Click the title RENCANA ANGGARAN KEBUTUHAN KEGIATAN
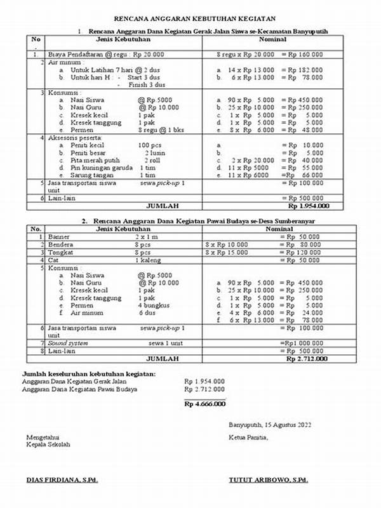(190, 21)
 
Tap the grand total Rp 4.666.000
(204, 403)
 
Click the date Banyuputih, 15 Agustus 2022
(271, 424)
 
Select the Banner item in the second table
(59, 236)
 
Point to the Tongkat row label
(61, 252)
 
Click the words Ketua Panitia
(249, 438)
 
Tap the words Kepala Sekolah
(48, 444)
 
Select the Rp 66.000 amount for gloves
(304, 175)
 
